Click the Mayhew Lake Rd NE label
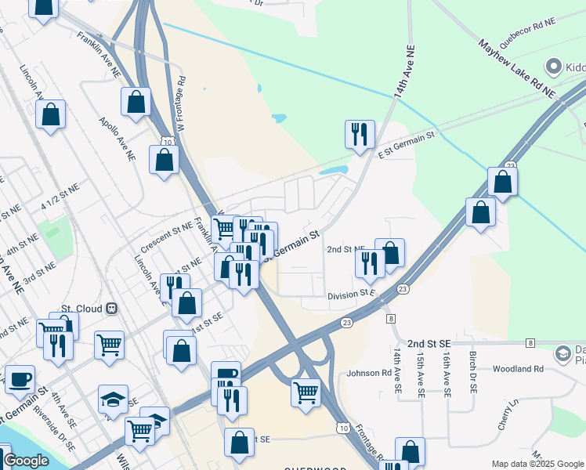pyautogui.click(x=516, y=70)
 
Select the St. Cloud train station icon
pyautogui.click(x=112, y=309)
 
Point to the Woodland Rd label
pyautogui.click(x=518, y=368)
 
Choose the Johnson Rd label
pyautogui.click(x=374, y=373)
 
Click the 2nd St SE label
pyautogui.click(x=429, y=343)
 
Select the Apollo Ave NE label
pyautogui.click(x=118, y=139)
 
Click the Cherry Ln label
pyautogui.click(x=508, y=414)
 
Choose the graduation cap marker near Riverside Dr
pyautogui.click(x=113, y=399)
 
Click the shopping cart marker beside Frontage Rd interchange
pyautogui.click(x=306, y=392)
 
